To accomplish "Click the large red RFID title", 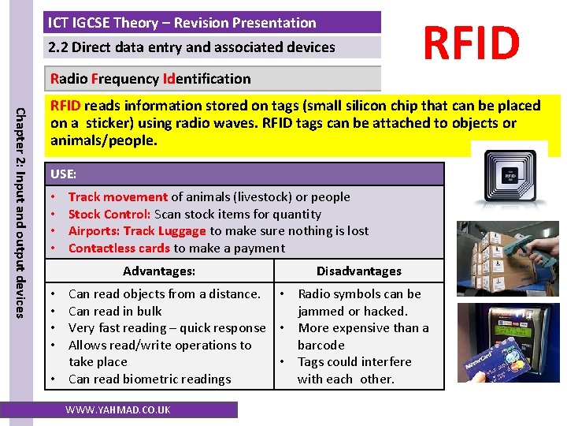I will coord(472,43).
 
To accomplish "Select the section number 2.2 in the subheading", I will coord(57,47).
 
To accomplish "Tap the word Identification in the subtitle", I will coord(206,79).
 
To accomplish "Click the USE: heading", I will coord(64,173).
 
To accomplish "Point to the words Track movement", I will coord(117,197).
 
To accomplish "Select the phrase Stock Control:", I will coord(109,214).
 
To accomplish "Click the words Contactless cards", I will coord(119,248).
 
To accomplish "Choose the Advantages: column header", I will coord(159,271).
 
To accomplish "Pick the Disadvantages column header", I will coord(358,271).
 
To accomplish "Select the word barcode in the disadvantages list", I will coord(321,346).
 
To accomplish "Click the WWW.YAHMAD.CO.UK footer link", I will coord(117,409).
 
